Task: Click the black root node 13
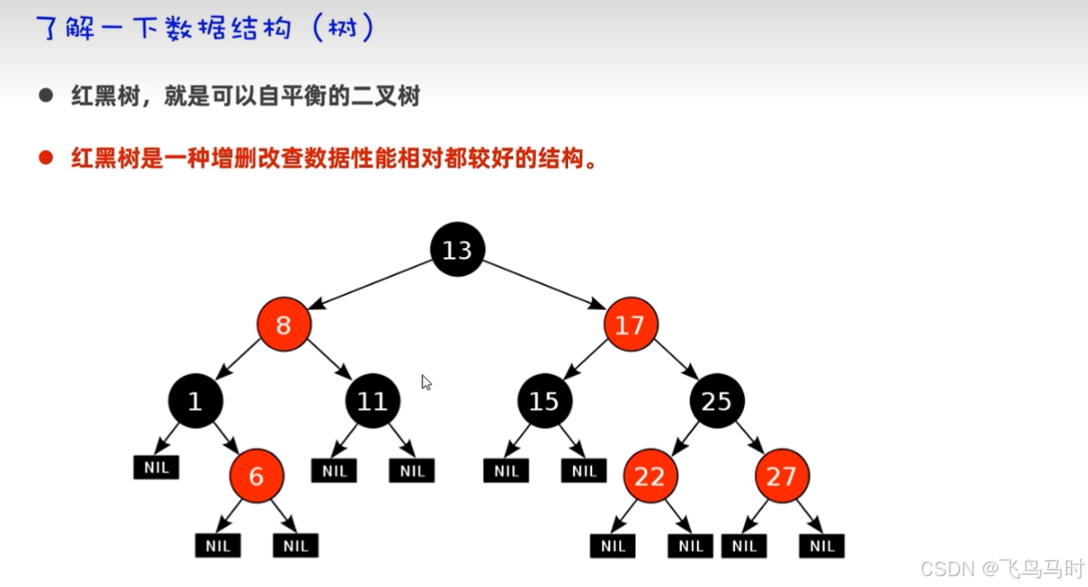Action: point(458,249)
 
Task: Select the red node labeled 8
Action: point(283,325)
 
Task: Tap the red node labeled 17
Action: point(630,325)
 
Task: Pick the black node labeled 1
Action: point(195,402)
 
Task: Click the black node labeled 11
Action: point(372,402)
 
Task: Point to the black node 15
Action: point(544,402)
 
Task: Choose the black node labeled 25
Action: point(716,402)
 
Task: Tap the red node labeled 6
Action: point(257,476)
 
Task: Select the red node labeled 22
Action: point(650,476)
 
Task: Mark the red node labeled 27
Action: point(782,476)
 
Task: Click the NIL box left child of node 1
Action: point(156,467)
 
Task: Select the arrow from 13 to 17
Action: point(544,284)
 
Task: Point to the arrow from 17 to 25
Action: point(674,361)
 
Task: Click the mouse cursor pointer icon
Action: point(425,382)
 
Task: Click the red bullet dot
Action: point(46,158)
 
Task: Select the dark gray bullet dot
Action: point(46,95)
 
